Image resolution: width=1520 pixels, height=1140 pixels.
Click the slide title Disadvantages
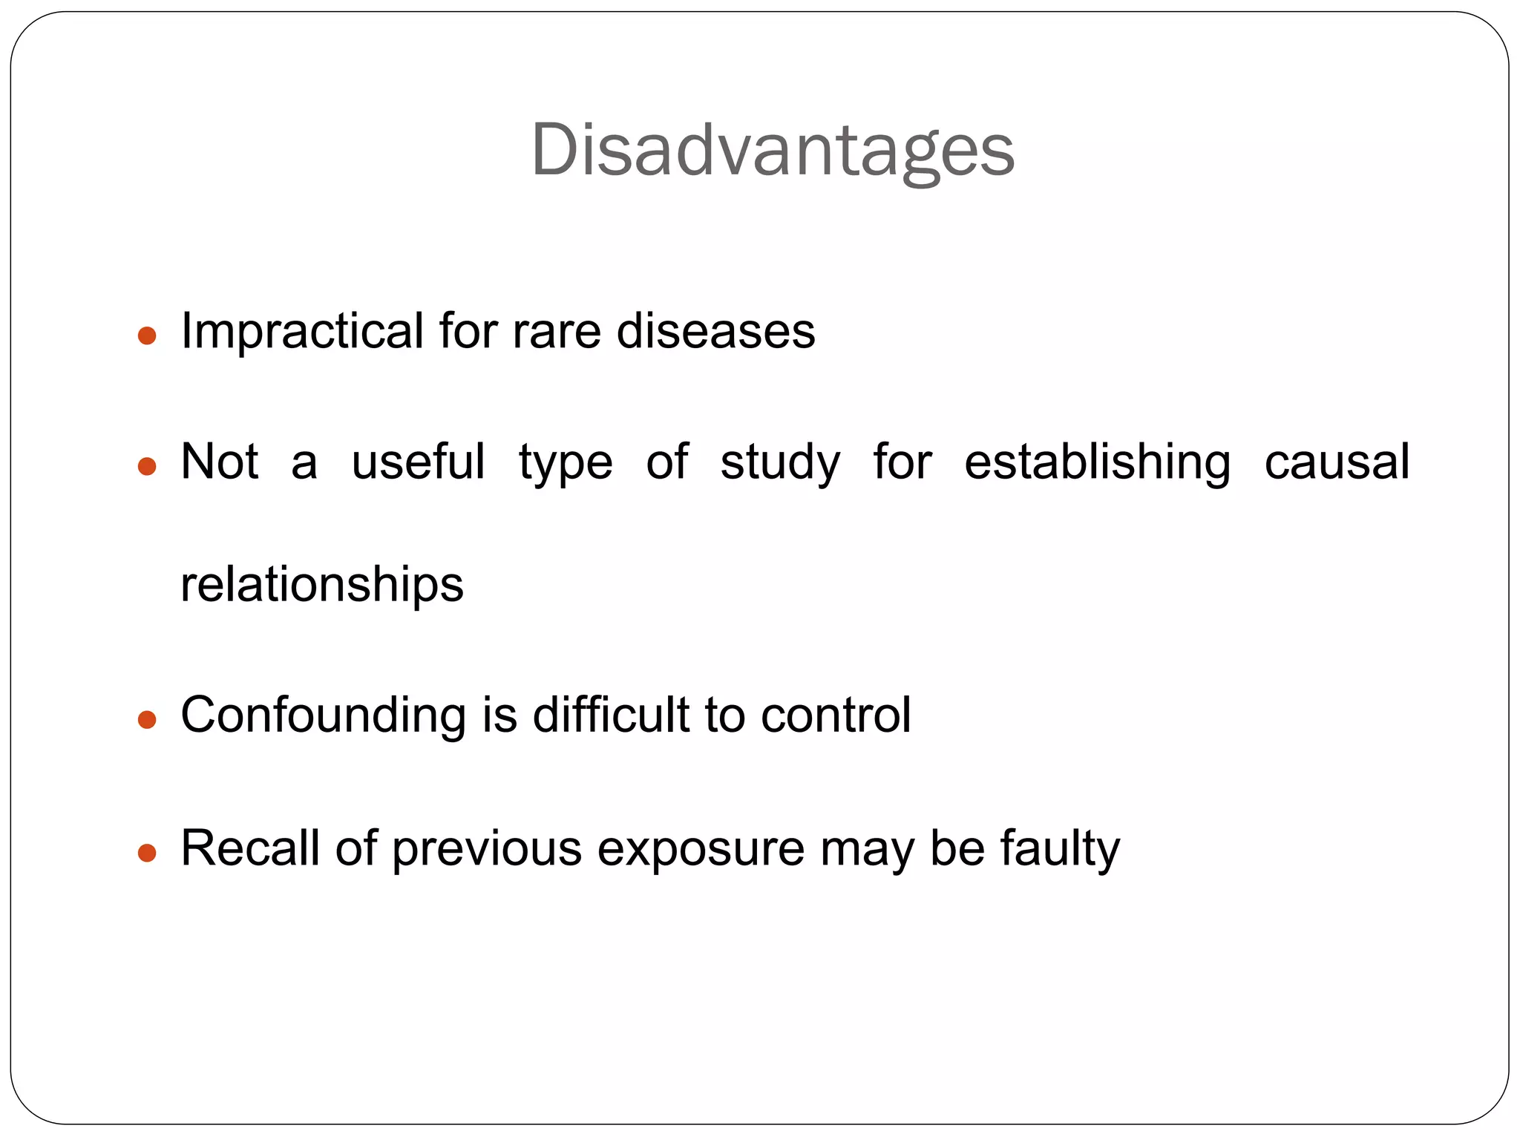[772, 151]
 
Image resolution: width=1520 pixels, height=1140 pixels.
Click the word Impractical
[302, 331]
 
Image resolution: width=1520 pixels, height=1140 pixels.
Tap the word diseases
[715, 331]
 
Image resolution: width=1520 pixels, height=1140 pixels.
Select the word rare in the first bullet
[556, 331]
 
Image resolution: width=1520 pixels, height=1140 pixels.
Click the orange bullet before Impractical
[147, 336]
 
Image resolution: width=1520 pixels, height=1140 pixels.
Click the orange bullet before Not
[147, 467]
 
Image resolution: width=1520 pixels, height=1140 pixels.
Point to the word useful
[418, 462]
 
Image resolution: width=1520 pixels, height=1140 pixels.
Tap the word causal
[1336, 462]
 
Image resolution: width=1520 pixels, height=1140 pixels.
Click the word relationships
[321, 585]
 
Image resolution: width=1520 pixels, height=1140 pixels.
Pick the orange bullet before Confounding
[147, 720]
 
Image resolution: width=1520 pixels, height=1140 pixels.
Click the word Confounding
[323, 715]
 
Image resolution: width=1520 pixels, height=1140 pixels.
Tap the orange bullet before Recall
[147, 853]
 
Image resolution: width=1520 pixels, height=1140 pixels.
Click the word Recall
[249, 848]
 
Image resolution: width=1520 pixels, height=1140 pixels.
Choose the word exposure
[701, 849]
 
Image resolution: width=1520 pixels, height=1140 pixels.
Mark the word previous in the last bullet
[486, 849]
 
